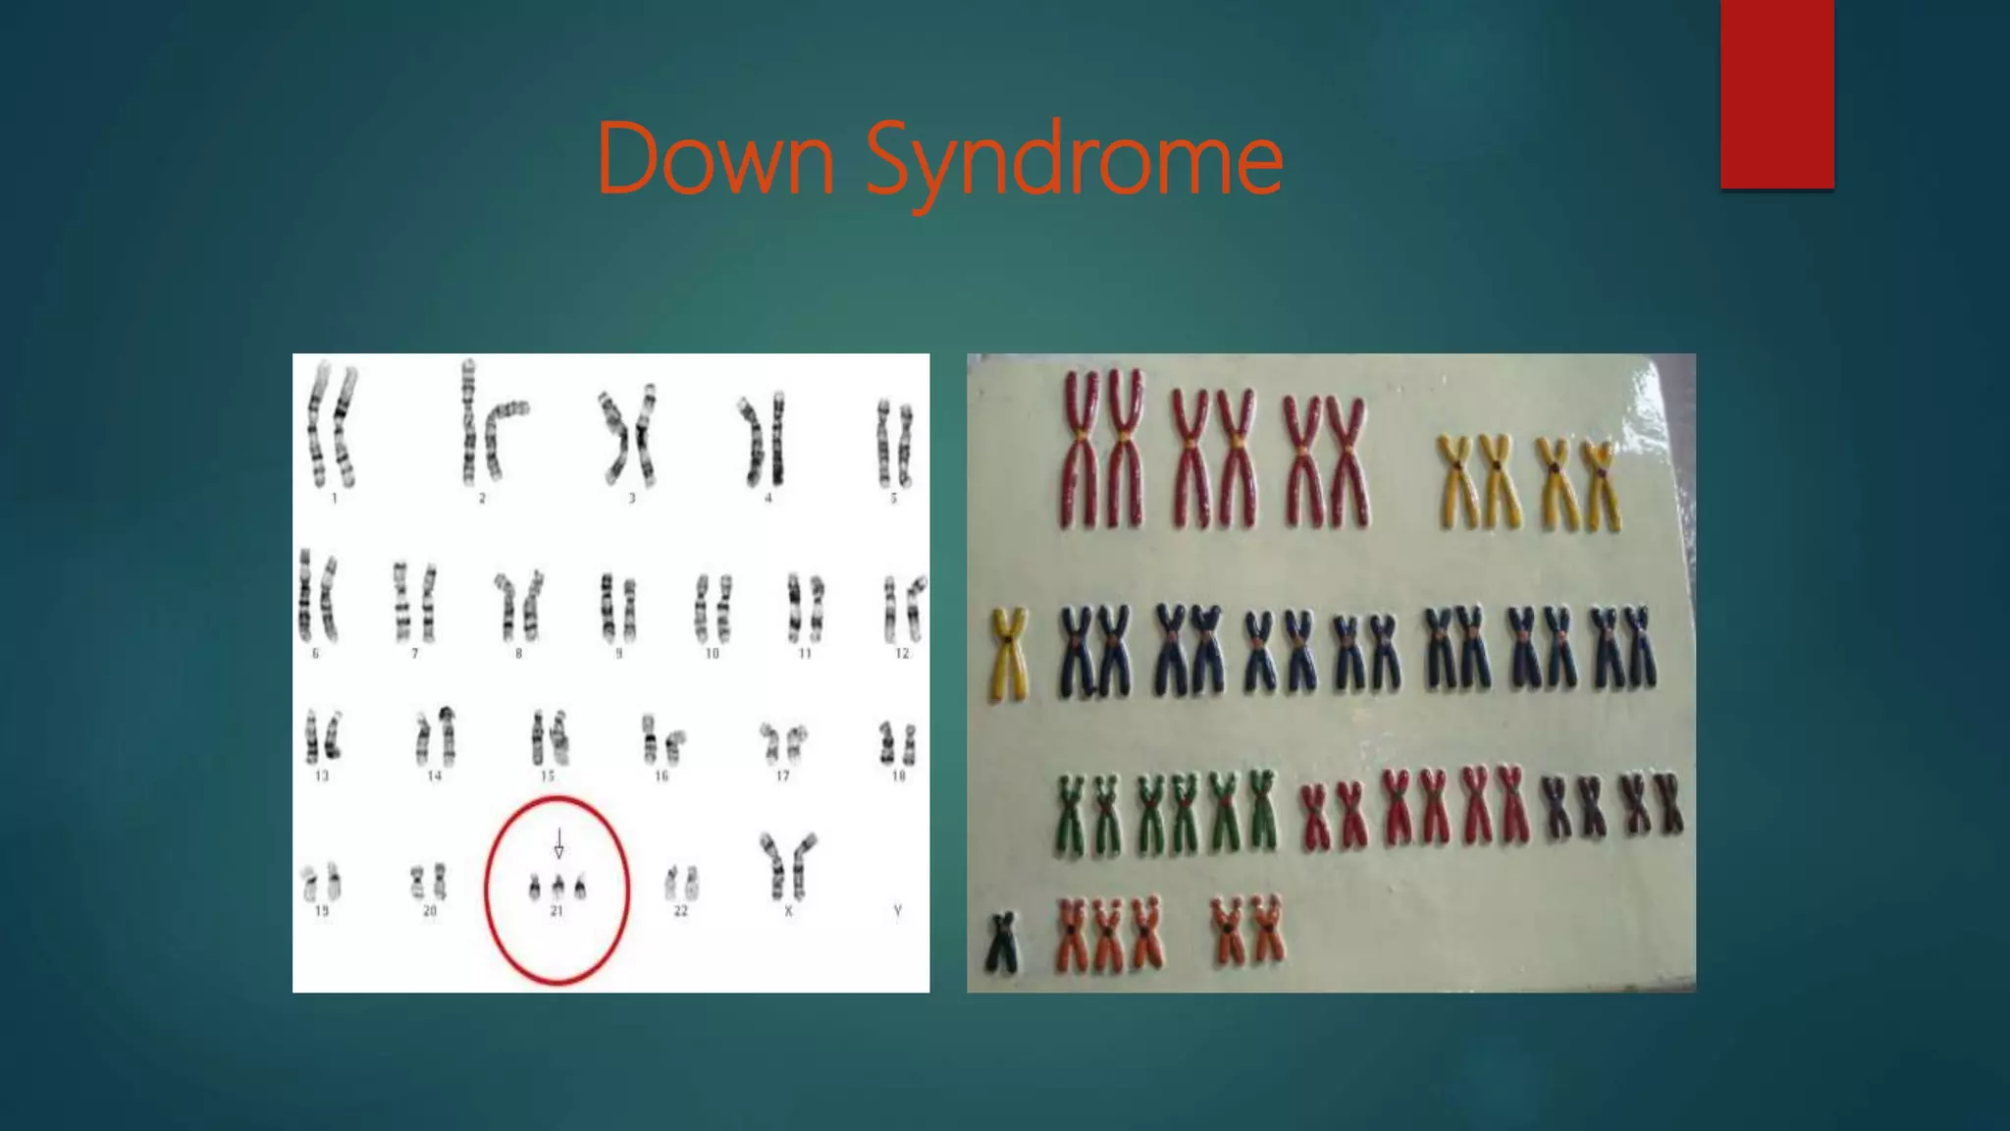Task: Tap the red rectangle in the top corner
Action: [1776, 94]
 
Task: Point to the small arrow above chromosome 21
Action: [559, 843]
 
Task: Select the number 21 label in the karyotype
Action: [556, 911]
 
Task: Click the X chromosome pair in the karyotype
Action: [787, 864]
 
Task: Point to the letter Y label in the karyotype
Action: [897, 911]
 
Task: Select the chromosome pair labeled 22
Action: [680, 882]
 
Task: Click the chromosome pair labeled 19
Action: [322, 882]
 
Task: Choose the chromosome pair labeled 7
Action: [414, 601]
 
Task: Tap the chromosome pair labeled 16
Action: [661, 741]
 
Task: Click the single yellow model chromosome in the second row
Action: [1008, 653]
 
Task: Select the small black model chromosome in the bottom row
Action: [1002, 942]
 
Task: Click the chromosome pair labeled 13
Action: [322, 737]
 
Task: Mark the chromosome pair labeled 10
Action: [713, 606]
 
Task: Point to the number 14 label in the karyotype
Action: [435, 776]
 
